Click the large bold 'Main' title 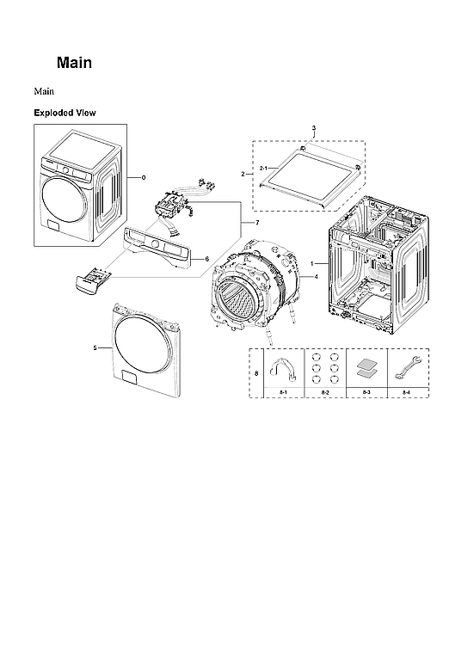pos(74,63)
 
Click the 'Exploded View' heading pos(65,113)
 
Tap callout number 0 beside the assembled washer pos(144,177)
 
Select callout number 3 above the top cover pos(313,128)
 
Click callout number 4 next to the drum pos(317,277)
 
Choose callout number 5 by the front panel pos(95,347)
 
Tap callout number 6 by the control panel pos(206,258)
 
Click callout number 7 pos(256,223)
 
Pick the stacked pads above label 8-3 pos(366,368)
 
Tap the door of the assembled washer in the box pos(63,196)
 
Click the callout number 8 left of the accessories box pos(255,372)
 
